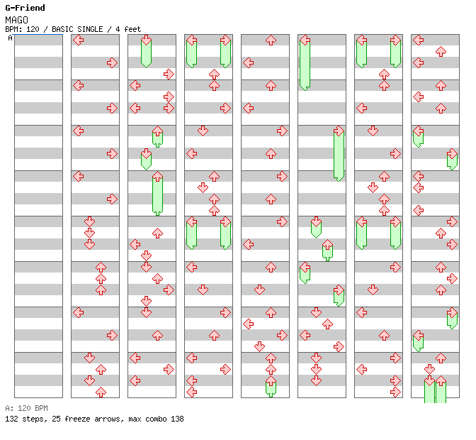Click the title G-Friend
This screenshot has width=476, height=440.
click(x=25, y=8)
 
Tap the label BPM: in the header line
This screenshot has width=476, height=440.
click(x=13, y=29)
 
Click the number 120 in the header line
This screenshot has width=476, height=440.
click(x=33, y=29)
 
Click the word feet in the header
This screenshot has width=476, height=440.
click(x=132, y=29)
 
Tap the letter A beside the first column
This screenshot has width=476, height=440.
click(x=11, y=38)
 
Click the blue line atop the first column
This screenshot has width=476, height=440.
click(x=38, y=35)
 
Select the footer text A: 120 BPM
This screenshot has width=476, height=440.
click(x=26, y=408)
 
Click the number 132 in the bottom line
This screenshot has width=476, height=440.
click(x=11, y=419)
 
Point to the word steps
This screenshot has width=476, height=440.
click(x=33, y=419)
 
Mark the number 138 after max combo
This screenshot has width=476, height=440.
click(x=177, y=419)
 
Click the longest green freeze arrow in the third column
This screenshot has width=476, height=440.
click(x=157, y=193)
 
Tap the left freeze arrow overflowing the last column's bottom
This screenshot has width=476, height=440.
click(x=429, y=390)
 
